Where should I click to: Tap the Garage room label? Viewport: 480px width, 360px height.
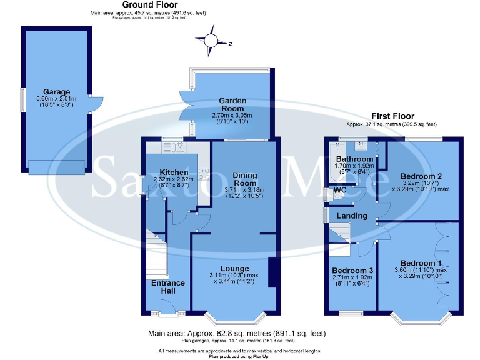(56, 92)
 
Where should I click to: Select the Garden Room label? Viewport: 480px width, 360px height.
(232, 104)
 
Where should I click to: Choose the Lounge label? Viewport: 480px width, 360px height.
(234, 268)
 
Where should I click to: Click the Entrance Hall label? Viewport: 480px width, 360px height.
(169, 287)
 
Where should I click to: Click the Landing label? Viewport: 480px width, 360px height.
(352, 216)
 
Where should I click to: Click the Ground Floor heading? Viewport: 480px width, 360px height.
(148, 5)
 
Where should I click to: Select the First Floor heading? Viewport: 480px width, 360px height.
(393, 116)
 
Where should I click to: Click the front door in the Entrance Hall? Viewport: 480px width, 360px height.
(167, 307)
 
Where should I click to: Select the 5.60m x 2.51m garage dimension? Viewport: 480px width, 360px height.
(56, 99)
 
